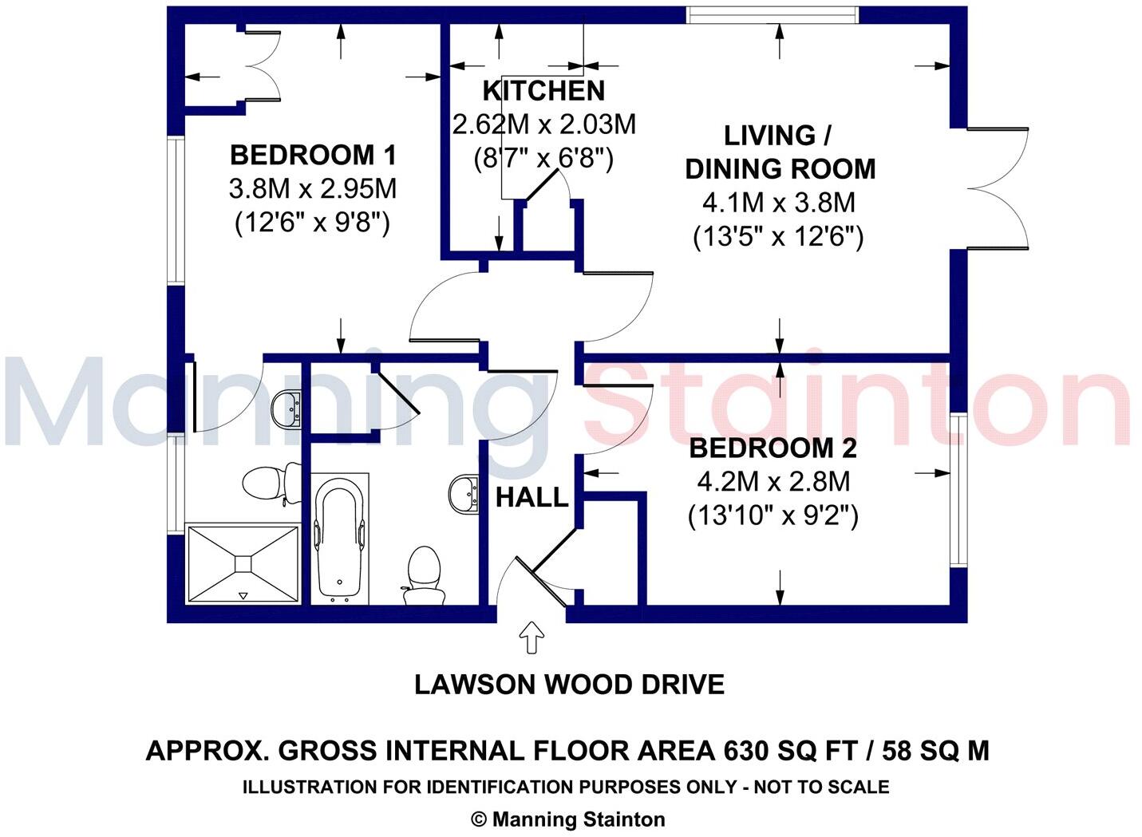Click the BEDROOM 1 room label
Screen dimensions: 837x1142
pos(312,154)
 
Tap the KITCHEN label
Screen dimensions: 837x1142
pos(543,91)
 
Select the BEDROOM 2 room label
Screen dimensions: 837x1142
pos(773,448)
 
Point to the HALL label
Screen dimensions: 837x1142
pos(531,498)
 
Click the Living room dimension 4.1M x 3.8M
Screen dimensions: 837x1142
pos(778,203)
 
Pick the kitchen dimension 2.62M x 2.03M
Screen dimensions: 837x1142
pos(543,125)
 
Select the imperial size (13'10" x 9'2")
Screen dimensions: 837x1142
pos(773,516)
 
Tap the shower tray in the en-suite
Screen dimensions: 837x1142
pos(243,563)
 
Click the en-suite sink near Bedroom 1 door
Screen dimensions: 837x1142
pos(286,409)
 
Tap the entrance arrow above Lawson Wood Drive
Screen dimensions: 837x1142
pos(531,639)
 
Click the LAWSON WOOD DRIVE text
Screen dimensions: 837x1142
pos(569,685)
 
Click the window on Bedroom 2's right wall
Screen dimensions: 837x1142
pos(958,489)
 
